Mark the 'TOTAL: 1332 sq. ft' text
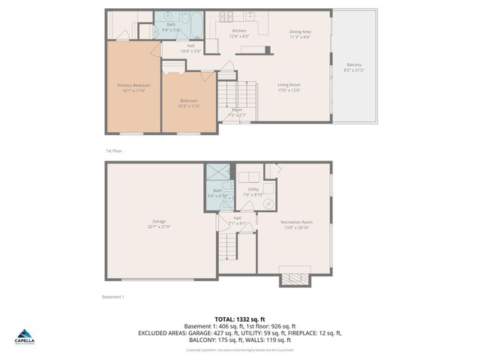point(239,319)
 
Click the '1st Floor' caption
point(113,151)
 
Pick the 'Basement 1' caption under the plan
point(112,297)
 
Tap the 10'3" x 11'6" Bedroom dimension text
point(188,106)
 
